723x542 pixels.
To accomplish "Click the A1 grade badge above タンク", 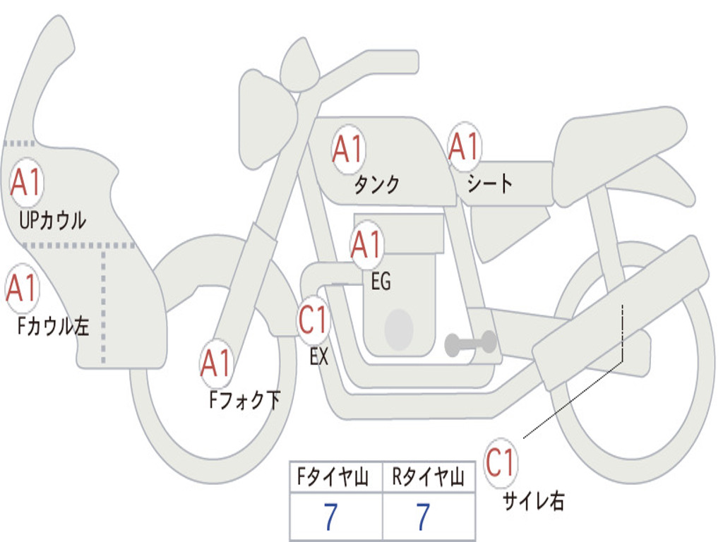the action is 347,150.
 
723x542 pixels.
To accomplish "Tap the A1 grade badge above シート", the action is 464,147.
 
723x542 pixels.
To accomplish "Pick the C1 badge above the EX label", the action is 313,320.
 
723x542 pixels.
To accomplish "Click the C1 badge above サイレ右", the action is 501,463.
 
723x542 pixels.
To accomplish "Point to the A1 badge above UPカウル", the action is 27,183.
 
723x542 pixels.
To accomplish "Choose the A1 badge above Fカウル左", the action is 22,288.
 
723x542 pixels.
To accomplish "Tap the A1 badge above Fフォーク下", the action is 216,363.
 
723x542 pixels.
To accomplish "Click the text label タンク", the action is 376,185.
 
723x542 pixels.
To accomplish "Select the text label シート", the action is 489,184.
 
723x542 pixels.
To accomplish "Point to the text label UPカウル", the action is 52,220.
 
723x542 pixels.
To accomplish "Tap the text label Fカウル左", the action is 54,327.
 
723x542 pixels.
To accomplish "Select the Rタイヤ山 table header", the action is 428,478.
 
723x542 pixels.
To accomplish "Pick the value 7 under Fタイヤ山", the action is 330,518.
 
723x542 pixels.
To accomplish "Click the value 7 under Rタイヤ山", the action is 423,518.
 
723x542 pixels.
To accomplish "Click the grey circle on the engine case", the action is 399,328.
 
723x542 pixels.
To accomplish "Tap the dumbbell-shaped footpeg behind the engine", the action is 471,344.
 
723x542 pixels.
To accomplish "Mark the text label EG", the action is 381,282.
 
